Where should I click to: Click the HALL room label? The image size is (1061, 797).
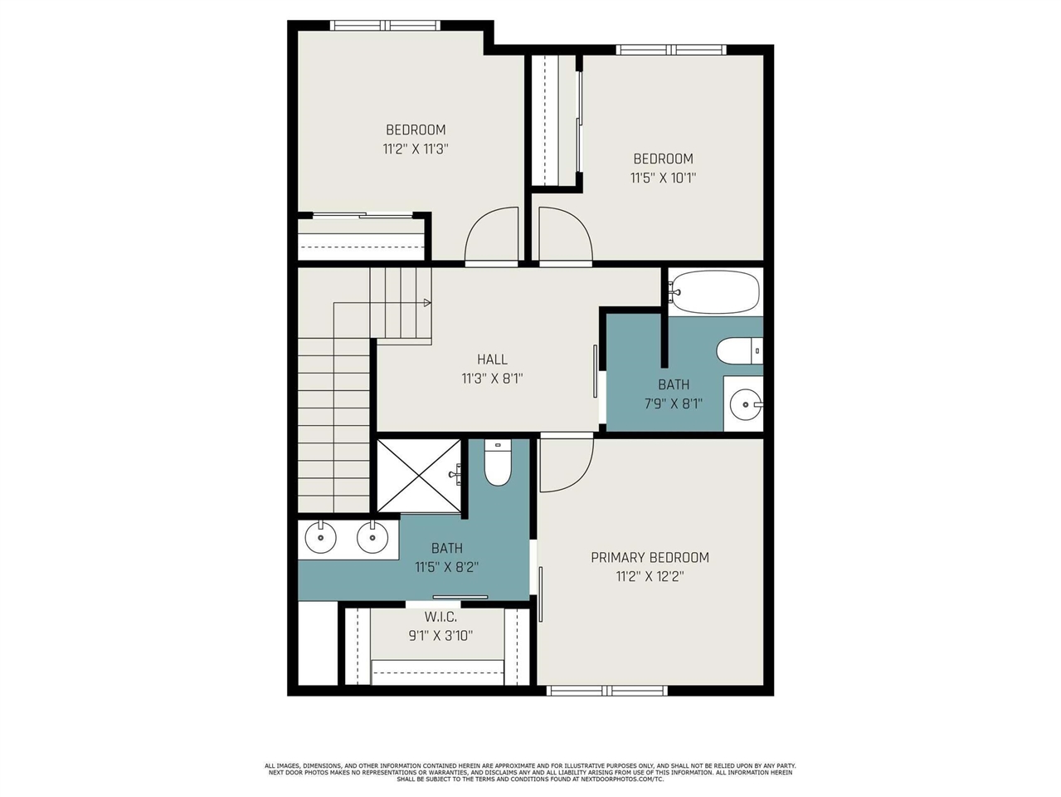click(x=492, y=359)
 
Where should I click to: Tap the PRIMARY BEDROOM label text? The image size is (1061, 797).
click(x=650, y=557)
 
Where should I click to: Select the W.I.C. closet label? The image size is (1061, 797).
click(x=440, y=617)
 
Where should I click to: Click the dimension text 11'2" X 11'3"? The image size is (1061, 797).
click(x=416, y=149)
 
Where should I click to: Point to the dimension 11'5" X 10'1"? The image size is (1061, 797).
click(x=663, y=178)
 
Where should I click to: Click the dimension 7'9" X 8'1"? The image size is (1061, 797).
click(x=673, y=404)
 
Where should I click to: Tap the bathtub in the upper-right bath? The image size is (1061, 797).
click(x=714, y=291)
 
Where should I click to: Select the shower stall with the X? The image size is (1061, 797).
click(x=419, y=476)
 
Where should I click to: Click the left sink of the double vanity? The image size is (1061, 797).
click(x=320, y=538)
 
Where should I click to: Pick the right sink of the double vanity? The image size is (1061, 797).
click(x=372, y=538)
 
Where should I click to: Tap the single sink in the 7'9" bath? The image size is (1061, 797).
click(x=745, y=405)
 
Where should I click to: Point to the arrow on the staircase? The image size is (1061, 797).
click(x=426, y=303)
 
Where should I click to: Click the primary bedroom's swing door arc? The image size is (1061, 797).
click(x=567, y=465)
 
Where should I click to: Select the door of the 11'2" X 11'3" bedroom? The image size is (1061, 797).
click(x=491, y=237)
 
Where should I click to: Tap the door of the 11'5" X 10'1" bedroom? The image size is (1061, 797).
click(x=566, y=237)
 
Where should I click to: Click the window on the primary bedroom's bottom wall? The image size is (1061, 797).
click(x=607, y=691)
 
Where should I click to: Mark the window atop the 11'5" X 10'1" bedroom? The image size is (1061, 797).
click(x=671, y=50)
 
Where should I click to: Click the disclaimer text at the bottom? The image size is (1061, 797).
click(x=530, y=772)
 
